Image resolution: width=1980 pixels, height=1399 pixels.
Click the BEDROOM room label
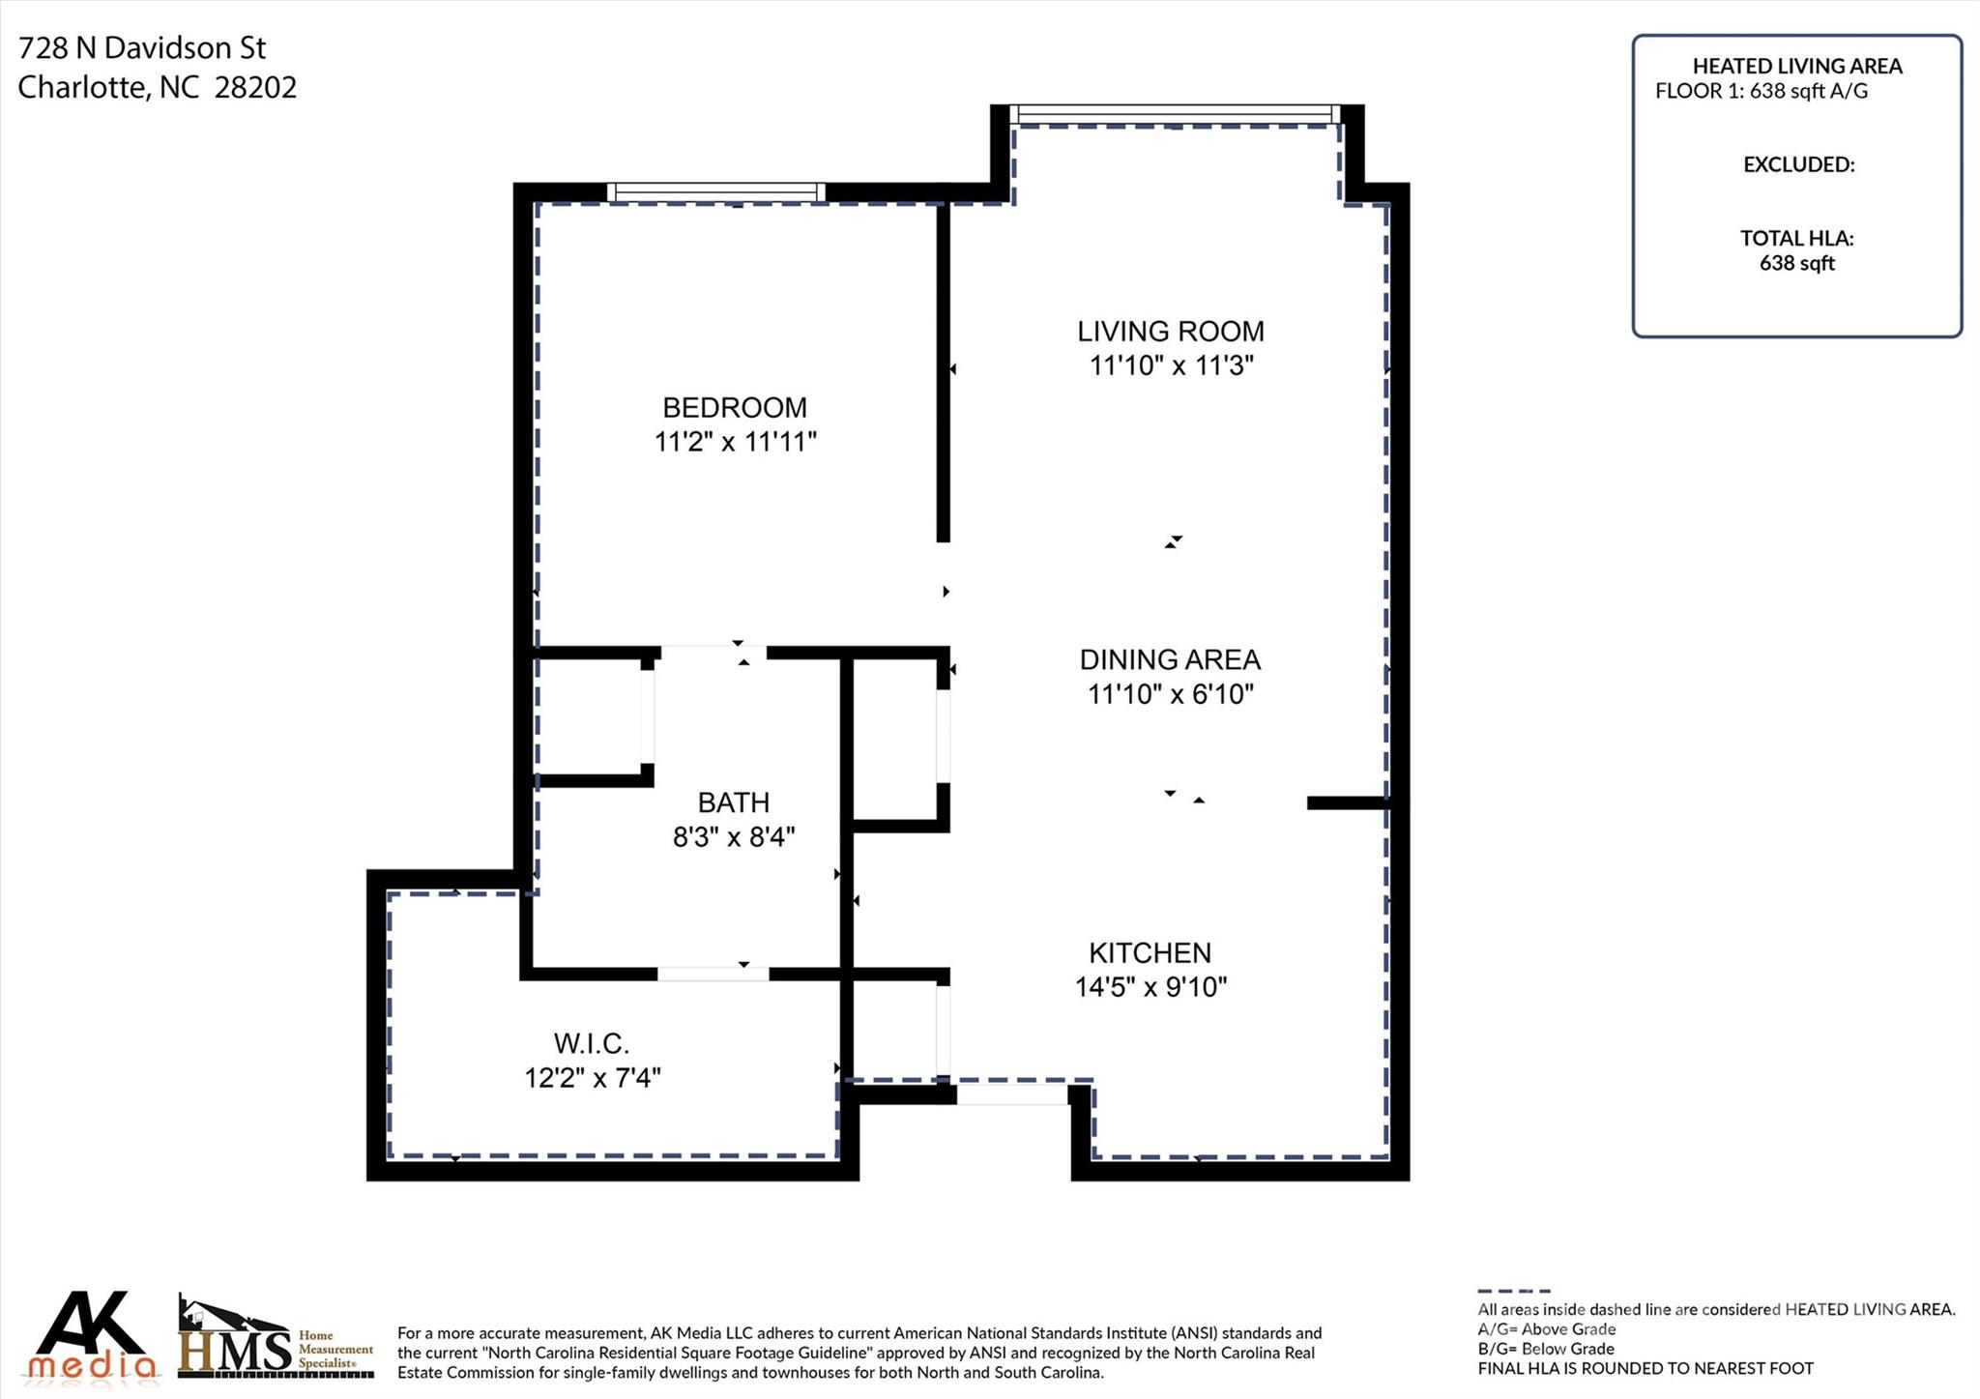tap(735, 407)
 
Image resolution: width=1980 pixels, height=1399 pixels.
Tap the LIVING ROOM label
tap(1171, 332)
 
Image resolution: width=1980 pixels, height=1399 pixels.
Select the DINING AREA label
tap(1170, 659)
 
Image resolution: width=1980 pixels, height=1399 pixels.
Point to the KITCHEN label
tap(1150, 953)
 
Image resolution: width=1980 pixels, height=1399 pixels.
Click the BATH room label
tap(734, 802)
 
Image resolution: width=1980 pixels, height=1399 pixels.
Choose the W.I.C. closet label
tap(592, 1044)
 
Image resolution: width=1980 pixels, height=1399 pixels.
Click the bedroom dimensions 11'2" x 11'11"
tap(736, 442)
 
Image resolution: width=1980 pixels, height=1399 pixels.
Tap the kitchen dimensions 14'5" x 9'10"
tap(1150, 987)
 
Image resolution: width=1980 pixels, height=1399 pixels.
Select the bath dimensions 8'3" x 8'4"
tap(734, 836)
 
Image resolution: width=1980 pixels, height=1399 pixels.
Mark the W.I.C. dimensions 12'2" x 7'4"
tap(593, 1077)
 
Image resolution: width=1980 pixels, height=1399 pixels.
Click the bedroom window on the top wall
tap(716, 191)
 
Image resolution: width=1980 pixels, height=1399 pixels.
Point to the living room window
tap(1175, 114)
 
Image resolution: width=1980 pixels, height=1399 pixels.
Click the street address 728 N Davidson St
tap(142, 47)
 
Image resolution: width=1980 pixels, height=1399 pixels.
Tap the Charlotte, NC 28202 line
tap(158, 88)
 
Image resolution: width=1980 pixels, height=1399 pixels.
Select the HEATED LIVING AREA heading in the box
tap(1797, 67)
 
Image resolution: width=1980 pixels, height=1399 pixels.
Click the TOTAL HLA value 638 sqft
tap(1797, 263)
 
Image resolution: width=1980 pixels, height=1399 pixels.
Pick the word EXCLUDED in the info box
tap(1798, 165)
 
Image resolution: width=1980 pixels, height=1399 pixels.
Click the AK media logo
tap(94, 1335)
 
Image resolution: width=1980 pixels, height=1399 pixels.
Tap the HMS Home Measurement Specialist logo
tap(277, 1337)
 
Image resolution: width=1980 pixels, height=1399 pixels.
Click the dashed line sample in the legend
tap(1514, 1291)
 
